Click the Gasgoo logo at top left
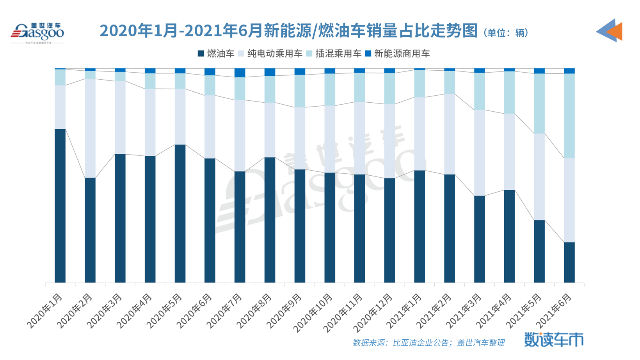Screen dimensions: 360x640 [37, 32]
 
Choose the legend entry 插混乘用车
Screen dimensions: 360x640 [334, 54]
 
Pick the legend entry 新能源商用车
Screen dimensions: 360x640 [397, 54]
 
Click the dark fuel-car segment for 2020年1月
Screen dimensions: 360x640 [60, 206]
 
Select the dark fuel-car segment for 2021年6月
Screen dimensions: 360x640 [569, 262]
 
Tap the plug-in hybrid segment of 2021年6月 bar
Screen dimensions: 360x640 [569, 116]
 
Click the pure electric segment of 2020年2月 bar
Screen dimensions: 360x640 [90, 128]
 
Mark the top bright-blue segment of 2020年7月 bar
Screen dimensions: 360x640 [240, 73]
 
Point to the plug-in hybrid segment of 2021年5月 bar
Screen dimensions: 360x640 [539, 103]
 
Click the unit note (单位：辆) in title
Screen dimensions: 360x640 [506, 33]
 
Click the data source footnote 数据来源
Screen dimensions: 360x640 [428, 343]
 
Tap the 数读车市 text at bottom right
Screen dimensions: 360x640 [553, 339]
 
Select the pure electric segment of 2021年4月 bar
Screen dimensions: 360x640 [509, 152]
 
